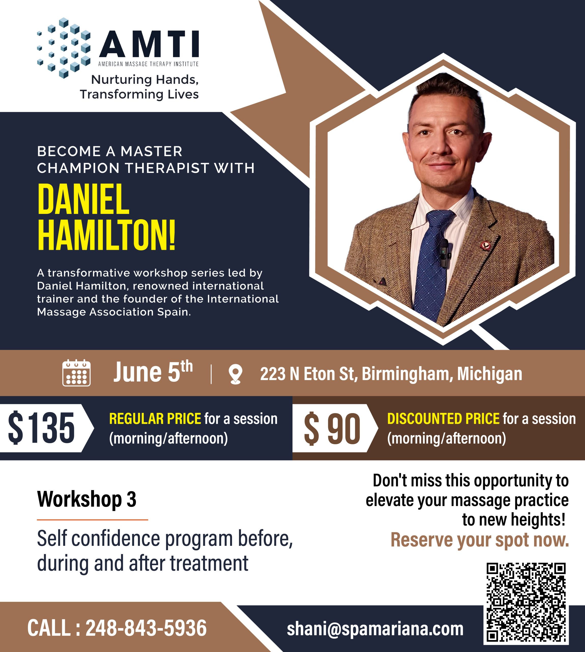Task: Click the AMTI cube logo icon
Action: [64, 48]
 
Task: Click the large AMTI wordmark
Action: [149, 44]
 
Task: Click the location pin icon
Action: [235, 374]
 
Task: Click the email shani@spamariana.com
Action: [375, 629]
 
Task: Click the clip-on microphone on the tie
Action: [444, 253]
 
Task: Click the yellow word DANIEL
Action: [83, 199]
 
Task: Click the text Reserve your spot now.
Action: [480, 539]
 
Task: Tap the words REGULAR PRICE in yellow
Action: [155, 418]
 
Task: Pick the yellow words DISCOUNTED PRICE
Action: [443, 418]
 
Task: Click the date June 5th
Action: [153, 372]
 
